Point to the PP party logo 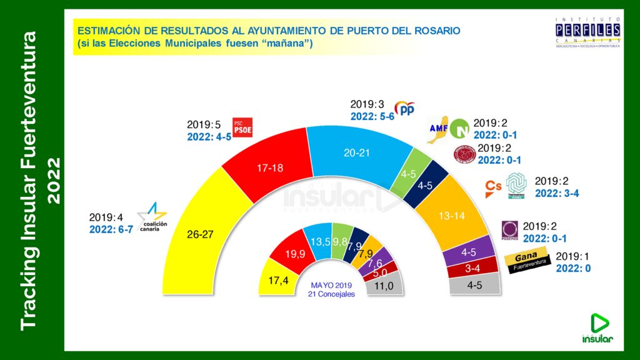coord(407,110)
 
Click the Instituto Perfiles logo coord(587,34)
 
